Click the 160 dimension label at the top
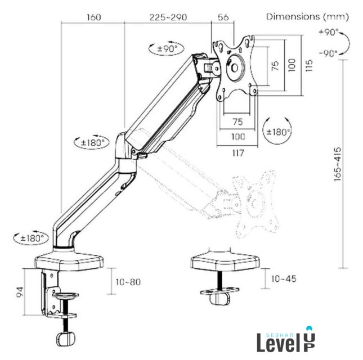[94, 17]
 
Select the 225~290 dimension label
[168, 17]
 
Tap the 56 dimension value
[223, 17]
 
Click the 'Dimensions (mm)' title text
[307, 17]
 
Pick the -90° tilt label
[328, 53]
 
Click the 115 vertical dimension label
[309, 65]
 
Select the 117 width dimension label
[238, 153]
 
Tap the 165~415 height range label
[338, 164]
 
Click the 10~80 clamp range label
[128, 282]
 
